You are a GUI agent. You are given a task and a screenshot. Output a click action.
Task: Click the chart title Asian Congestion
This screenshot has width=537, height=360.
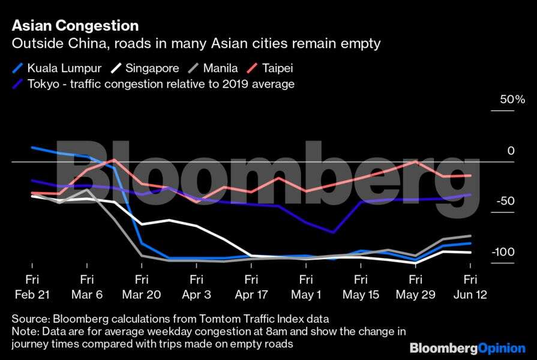point(75,26)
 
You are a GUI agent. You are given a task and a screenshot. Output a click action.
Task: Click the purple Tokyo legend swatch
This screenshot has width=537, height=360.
point(18,83)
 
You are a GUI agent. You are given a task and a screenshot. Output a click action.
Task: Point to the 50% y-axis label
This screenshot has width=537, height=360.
point(512,100)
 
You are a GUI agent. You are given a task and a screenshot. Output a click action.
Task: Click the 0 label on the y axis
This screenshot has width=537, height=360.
point(511,151)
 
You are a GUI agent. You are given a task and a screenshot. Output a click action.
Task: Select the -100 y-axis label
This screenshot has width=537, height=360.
point(503,251)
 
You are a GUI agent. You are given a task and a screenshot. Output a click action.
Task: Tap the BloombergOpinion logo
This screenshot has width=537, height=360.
point(467,349)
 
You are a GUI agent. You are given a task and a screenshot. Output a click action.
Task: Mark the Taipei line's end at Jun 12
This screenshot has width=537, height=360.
point(470,175)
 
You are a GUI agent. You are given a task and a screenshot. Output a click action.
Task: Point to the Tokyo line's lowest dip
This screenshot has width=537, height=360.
point(333,232)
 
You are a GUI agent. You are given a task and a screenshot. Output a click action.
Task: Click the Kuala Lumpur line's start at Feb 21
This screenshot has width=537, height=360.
point(32,147)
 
